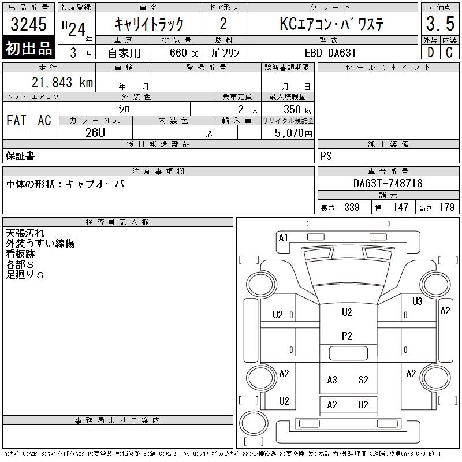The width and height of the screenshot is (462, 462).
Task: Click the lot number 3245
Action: (x=28, y=24)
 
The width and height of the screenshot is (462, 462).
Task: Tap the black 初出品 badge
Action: (x=28, y=48)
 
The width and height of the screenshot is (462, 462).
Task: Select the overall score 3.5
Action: (x=440, y=24)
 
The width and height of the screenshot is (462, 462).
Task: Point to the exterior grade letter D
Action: (x=430, y=53)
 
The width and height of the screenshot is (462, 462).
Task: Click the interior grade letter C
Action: (x=449, y=53)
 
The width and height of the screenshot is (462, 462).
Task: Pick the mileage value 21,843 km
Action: (x=62, y=82)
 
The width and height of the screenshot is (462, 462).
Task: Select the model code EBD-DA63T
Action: (x=330, y=53)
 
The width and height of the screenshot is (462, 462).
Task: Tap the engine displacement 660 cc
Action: (x=184, y=53)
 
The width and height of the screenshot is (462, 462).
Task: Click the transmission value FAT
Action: (x=17, y=120)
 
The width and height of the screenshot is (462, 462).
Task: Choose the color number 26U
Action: (x=95, y=133)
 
